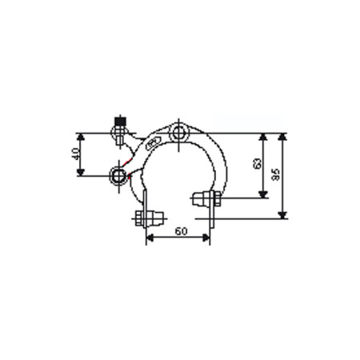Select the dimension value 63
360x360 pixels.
click(x=256, y=164)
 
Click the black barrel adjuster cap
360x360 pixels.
click(x=121, y=124)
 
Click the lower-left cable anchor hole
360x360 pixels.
click(x=120, y=174)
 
